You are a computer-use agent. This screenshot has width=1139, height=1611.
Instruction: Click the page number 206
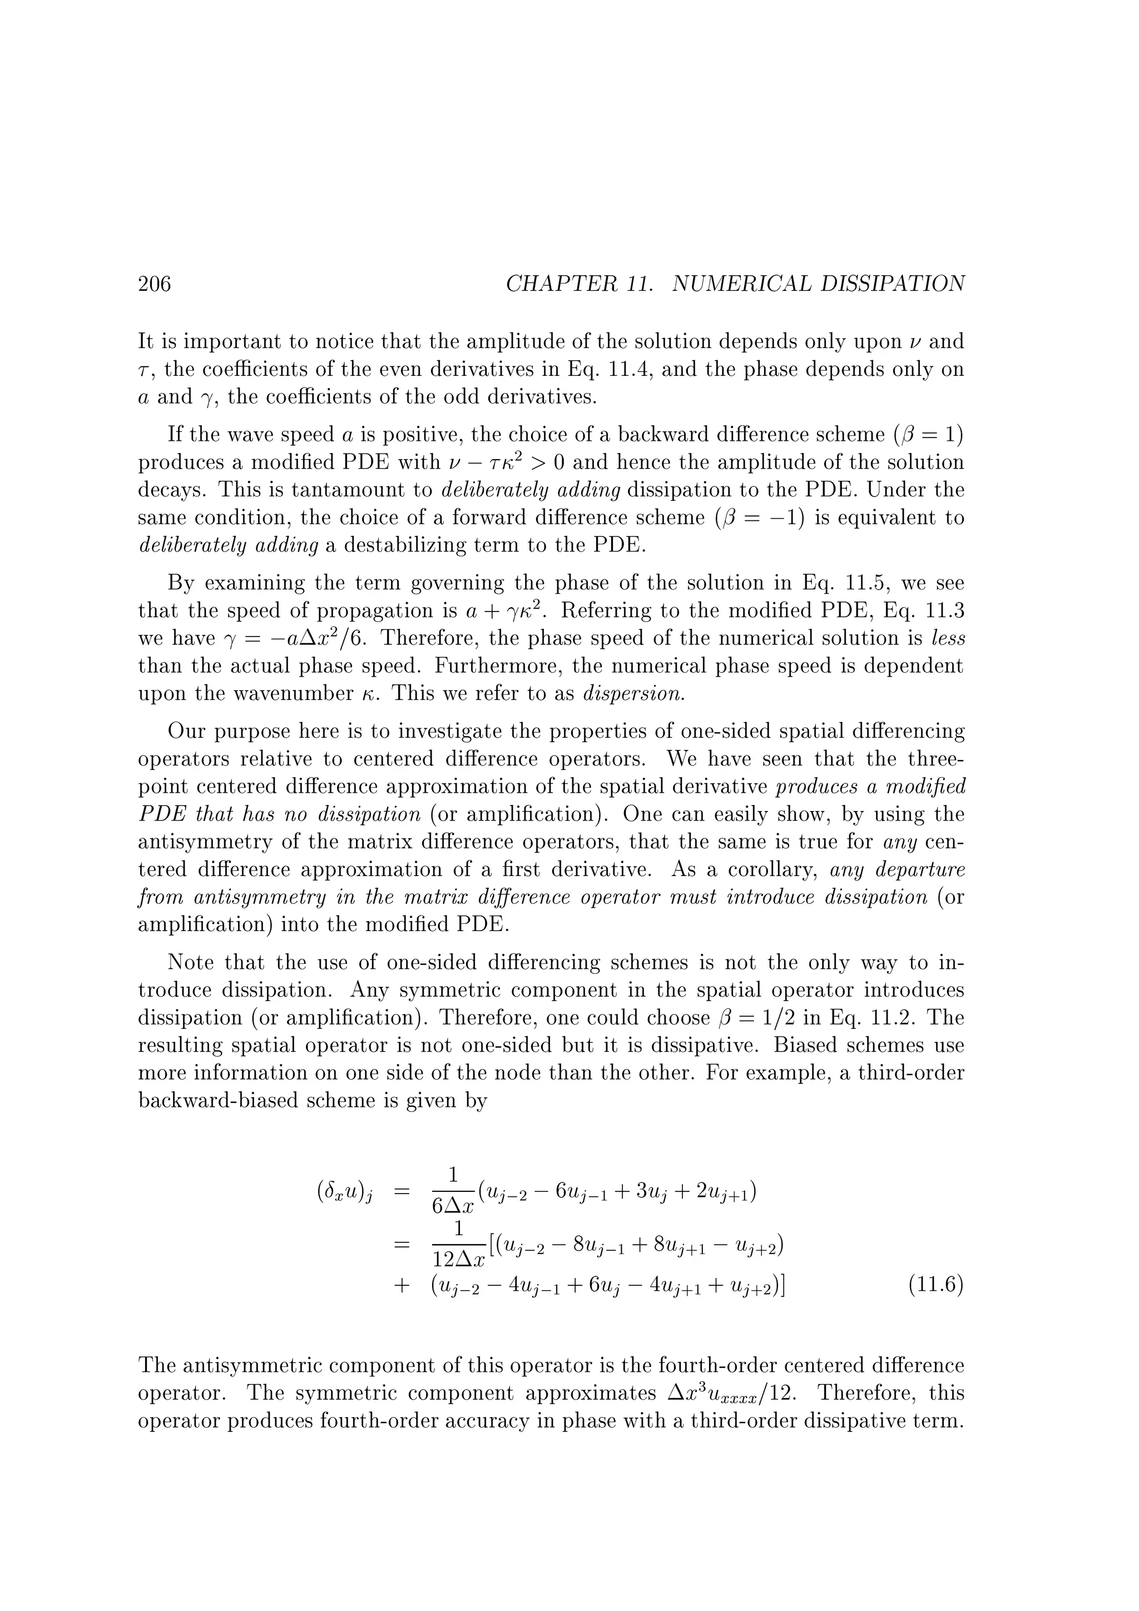point(155,284)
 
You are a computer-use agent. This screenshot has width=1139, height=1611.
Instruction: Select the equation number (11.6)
point(935,1285)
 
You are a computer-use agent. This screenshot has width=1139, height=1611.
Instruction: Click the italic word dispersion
point(633,694)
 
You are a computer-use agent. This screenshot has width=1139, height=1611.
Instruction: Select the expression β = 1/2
point(799,1018)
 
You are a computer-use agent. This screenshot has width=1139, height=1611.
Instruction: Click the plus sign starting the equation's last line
point(401,1285)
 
